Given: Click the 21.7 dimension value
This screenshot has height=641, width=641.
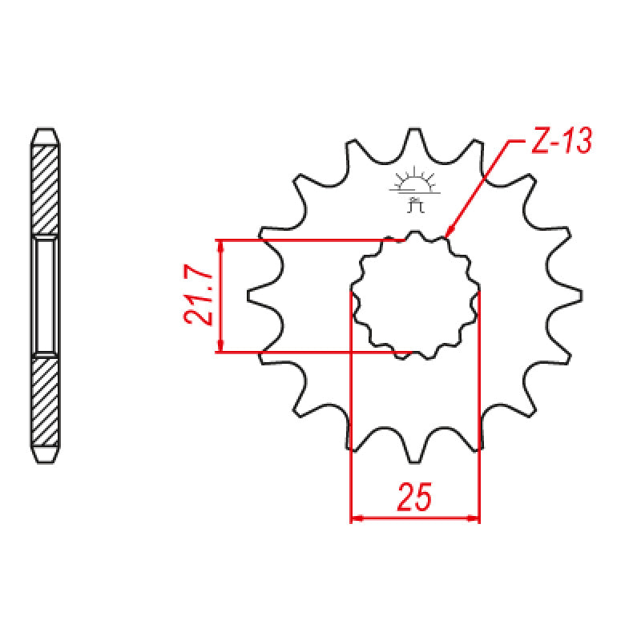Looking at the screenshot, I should tap(197, 296).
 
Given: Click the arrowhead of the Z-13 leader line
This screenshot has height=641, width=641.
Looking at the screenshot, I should tap(448, 233).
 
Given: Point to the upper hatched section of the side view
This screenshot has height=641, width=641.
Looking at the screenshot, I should tap(46, 191).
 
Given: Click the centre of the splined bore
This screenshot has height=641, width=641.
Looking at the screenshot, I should tap(415, 295).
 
